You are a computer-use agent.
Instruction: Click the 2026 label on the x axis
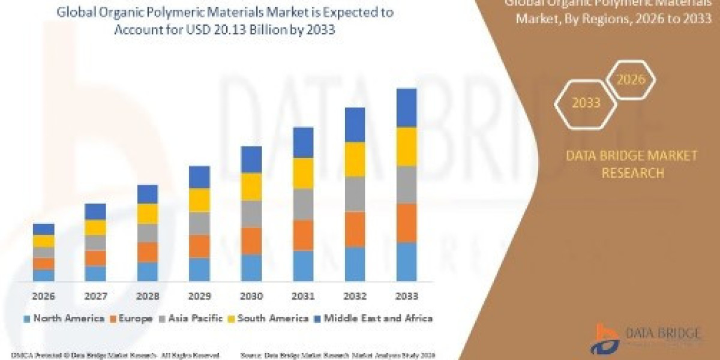tap(43, 296)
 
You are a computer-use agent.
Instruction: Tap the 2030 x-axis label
tap(251, 296)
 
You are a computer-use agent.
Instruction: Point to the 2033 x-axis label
tap(407, 296)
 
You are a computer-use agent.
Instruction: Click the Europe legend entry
tap(130, 318)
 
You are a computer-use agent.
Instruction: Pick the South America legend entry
tap(269, 318)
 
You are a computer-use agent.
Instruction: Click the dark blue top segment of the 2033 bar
tap(407, 107)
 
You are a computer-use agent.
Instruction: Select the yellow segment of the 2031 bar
tap(303, 173)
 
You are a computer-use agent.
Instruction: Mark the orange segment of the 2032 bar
tap(355, 229)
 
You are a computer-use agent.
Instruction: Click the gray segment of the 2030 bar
tap(251, 214)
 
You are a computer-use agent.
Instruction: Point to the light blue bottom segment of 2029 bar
tap(199, 269)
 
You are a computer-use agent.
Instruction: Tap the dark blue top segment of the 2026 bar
tap(43, 229)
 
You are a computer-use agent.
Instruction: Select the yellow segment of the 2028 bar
tap(147, 214)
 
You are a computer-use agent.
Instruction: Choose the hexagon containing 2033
tap(586, 103)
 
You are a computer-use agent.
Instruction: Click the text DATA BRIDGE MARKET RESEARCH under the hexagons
tap(632, 164)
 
